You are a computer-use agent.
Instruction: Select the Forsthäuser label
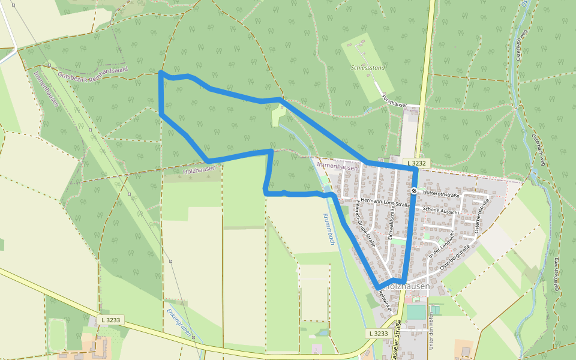click(x=394, y=104)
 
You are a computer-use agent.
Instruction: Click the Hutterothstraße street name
click(x=440, y=194)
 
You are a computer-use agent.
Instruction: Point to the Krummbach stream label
click(x=329, y=229)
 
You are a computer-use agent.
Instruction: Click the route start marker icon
click(x=414, y=191)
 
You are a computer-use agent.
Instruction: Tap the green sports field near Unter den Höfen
click(x=415, y=312)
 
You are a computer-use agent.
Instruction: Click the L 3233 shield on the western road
click(x=110, y=320)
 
